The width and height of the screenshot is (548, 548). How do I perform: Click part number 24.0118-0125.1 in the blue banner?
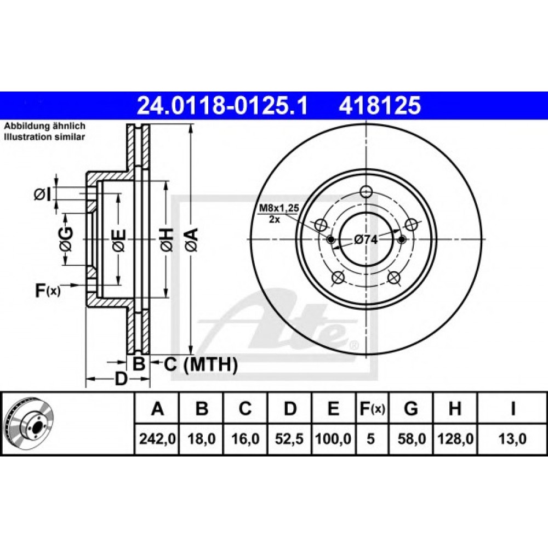(222, 105)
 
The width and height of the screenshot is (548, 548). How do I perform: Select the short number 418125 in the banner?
(380, 105)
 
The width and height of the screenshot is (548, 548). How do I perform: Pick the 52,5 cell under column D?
(289, 438)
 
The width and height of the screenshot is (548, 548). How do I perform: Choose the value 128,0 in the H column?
(455, 438)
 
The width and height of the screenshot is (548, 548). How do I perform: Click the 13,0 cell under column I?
(512, 438)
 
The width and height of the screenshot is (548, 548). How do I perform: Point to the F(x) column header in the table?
(372, 409)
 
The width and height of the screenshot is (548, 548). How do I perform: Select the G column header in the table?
(411, 409)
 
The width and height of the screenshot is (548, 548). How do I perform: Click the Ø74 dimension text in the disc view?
(366, 239)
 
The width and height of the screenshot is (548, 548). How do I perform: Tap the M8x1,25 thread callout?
(278, 209)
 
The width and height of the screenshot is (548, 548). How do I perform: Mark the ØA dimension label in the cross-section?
(192, 239)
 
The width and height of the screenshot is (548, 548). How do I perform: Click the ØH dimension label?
(167, 239)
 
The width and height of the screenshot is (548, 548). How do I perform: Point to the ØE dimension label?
(118, 240)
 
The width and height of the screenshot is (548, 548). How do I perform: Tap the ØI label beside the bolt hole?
(43, 195)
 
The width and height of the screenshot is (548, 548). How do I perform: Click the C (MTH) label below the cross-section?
(201, 365)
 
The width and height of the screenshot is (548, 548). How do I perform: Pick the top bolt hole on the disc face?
(366, 191)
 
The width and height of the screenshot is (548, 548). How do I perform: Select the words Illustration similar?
(44, 136)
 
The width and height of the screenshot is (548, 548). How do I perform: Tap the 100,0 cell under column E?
(333, 438)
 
